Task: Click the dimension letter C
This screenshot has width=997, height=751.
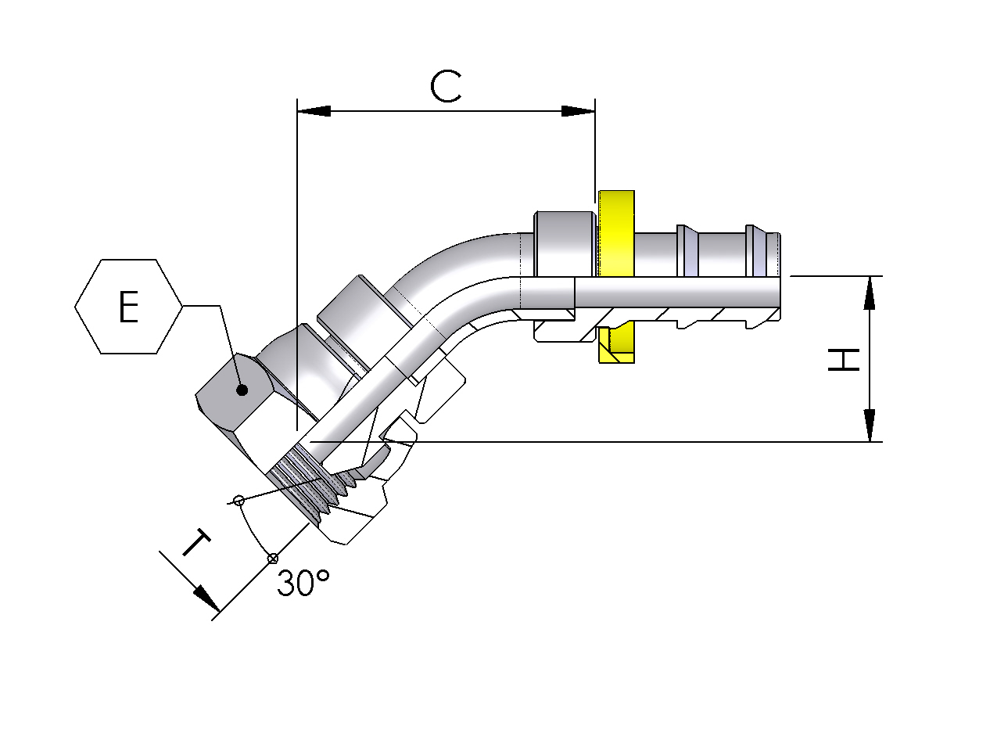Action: point(446,86)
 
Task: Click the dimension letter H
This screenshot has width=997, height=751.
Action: point(844,359)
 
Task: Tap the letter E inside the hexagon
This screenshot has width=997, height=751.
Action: point(128,307)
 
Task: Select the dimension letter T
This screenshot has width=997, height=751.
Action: point(196,543)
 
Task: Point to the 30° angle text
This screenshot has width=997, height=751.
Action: point(303,583)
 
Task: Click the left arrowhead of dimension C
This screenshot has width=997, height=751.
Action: point(314,111)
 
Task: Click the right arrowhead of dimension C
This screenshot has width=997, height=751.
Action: point(578,111)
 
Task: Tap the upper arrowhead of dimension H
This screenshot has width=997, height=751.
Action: point(869,293)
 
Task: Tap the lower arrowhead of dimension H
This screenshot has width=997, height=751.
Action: point(869,425)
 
